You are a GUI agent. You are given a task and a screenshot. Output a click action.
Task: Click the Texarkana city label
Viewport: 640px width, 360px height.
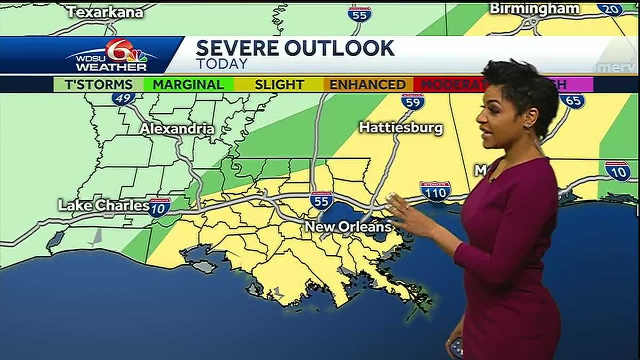pyautogui.click(x=106, y=12)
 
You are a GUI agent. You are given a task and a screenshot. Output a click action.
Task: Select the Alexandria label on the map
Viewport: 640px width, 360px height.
pyautogui.click(x=177, y=129)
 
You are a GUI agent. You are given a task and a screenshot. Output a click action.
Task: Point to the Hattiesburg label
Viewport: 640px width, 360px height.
pyautogui.click(x=401, y=128)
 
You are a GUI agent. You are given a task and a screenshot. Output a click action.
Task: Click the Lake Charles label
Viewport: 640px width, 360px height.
pyautogui.click(x=103, y=205)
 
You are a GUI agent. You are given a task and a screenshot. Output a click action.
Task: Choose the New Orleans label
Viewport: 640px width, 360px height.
pyautogui.click(x=348, y=227)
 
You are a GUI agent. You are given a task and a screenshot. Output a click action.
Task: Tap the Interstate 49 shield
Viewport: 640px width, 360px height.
pyautogui.click(x=123, y=99)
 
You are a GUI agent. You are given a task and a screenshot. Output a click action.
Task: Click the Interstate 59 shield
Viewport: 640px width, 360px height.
pyautogui.click(x=413, y=101)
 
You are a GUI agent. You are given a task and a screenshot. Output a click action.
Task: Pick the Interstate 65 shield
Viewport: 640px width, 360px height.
pyautogui.click(x=573, y=101)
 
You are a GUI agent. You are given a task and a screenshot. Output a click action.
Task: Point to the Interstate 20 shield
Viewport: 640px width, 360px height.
pyautogui.click(x=610, y=9)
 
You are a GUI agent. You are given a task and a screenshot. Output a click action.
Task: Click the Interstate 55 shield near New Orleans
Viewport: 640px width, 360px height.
pyautogui.click(x=321, y=201)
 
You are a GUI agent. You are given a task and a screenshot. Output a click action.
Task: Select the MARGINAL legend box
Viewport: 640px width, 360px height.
pyautogui.click(x=188, y=84)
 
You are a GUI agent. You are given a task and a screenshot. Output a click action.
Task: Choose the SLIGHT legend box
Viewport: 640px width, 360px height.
pyautogui.click(x=279, y=84)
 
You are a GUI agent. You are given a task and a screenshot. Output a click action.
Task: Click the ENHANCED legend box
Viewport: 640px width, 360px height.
pyautogui.click(x=367, y=84)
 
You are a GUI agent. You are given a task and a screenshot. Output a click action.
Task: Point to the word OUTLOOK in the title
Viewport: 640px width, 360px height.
pyautogui.click(x=340, y=49)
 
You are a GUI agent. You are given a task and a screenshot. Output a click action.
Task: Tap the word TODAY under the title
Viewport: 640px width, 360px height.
pyautogui.click(x=222, y=64)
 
